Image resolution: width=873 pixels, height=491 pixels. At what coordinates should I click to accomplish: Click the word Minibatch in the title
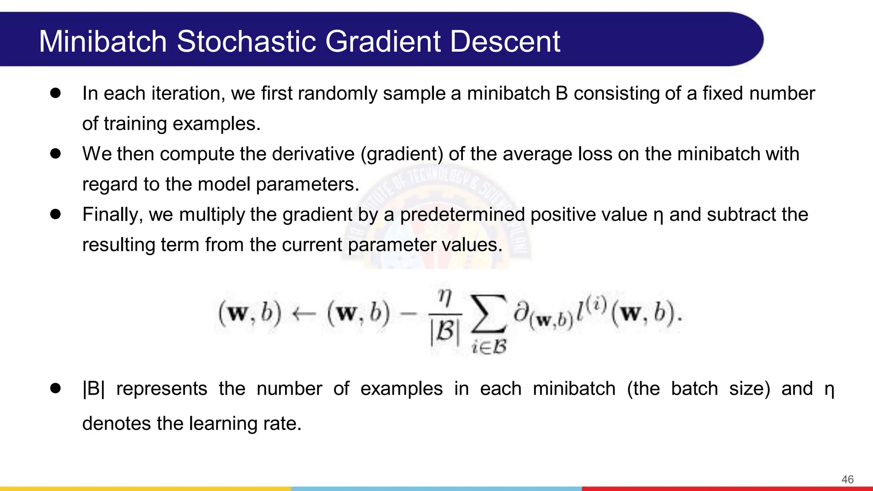103,41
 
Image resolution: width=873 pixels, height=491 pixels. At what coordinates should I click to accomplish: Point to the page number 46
847,479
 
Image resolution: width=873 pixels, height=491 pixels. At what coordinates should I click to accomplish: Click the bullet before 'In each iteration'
55,93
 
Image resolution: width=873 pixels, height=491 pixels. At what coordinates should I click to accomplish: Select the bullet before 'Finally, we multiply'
55,214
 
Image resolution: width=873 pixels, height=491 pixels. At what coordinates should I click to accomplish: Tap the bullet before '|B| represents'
55,388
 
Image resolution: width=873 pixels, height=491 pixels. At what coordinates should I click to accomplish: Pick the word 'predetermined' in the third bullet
462,214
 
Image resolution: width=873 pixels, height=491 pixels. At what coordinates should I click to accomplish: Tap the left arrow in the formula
304,315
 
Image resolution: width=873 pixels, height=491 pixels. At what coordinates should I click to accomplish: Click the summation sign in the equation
489,315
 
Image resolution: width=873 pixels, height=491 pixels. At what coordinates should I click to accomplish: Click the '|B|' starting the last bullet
93,388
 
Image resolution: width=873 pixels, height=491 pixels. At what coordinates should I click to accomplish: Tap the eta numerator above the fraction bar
445,297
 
